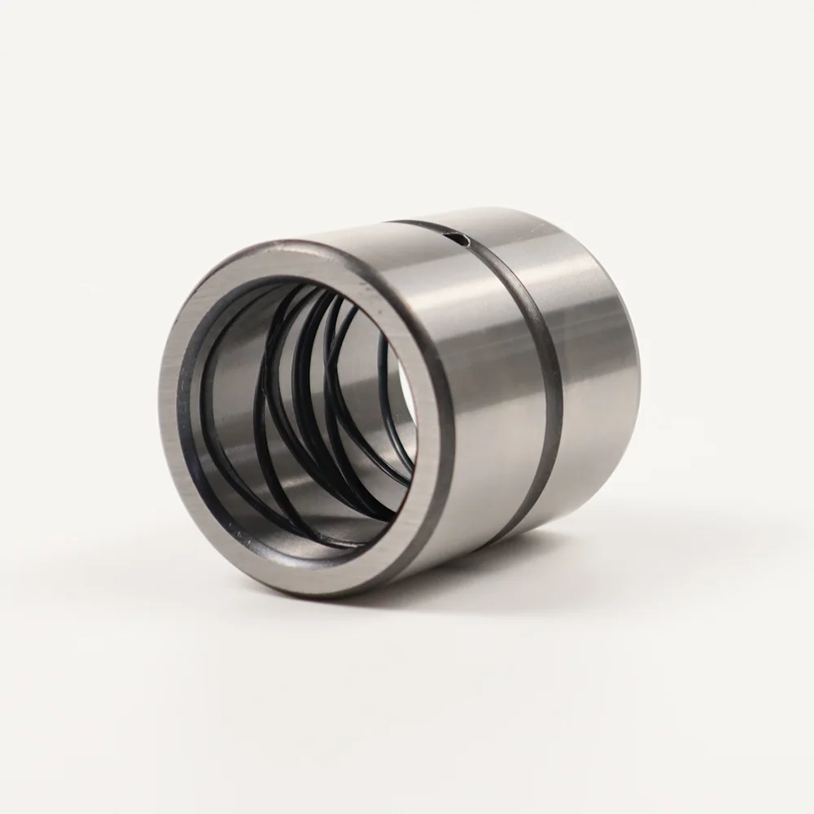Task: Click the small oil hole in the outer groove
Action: pyautogui.click(x=461, y=239)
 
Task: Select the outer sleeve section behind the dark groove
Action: pyautogui.click(x=594, y=366)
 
